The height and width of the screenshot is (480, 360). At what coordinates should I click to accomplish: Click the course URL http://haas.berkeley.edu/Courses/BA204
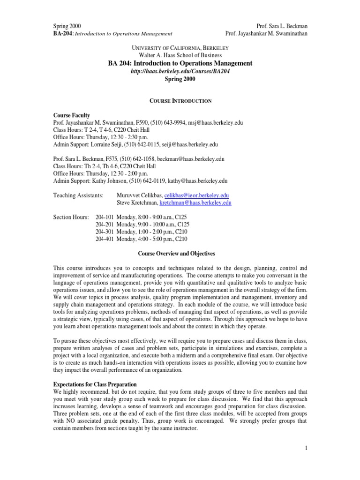coord(180,71)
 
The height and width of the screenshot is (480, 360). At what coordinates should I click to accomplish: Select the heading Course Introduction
coord(180,101)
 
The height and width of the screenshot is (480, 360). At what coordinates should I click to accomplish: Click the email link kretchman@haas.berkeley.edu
coord(195,202)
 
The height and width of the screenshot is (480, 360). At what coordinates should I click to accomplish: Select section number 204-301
coord(104,231)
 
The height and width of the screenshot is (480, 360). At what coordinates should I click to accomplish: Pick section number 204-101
coord(104,217)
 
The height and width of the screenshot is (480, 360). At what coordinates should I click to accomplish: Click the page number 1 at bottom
coord(305,449)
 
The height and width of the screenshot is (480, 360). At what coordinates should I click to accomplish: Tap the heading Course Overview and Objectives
coord(176,254)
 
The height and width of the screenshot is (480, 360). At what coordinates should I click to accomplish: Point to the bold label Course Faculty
coord(72,115)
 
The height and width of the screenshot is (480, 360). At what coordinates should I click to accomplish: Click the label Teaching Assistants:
coord(78,195)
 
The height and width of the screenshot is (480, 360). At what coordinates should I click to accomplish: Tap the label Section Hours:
coord(73,217)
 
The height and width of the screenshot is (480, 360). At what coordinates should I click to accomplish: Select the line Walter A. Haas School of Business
coord(180,55)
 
